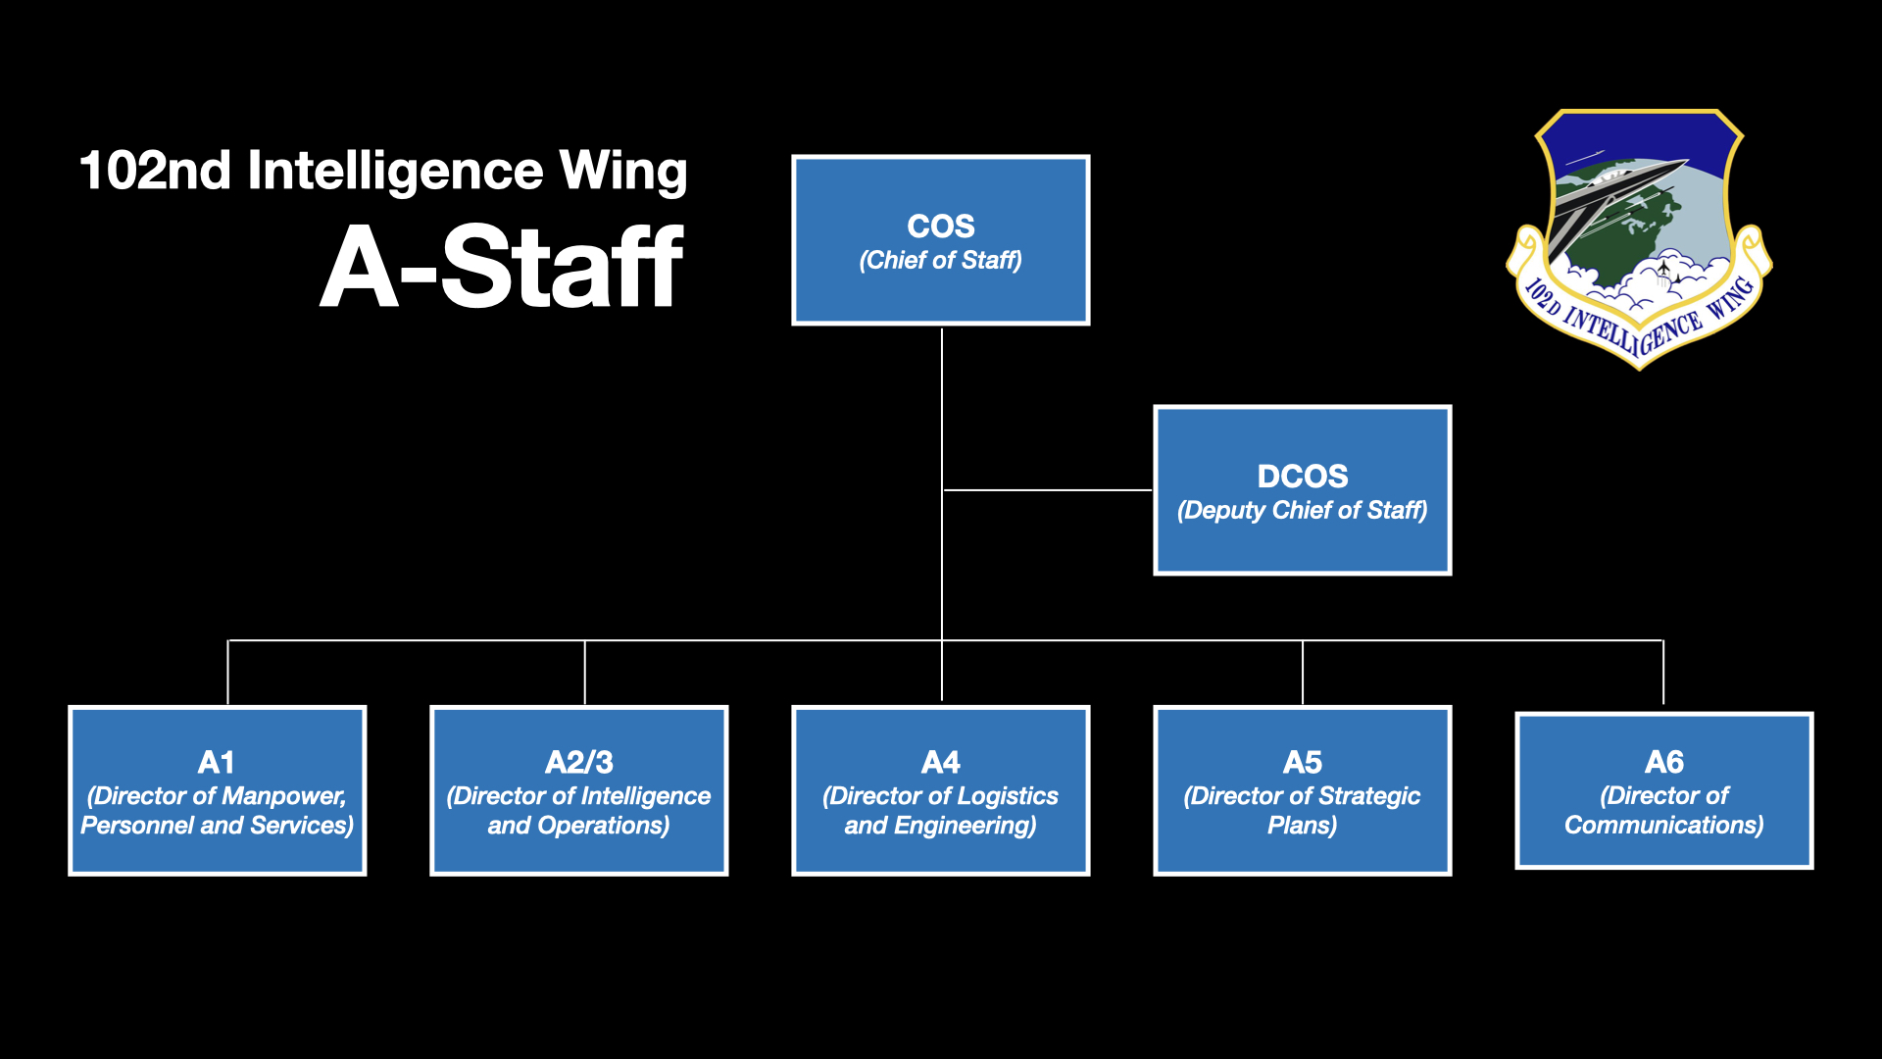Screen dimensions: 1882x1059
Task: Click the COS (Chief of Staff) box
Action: (941, 240)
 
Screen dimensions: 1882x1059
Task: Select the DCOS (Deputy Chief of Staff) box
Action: (1303, 490)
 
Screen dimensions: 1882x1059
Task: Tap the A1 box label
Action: (217, 762)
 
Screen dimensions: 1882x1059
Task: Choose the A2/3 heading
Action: (579, 762)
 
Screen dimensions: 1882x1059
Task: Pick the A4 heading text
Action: (941, 762)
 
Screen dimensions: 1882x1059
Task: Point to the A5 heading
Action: (1303, 762)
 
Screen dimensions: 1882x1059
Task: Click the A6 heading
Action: (1664, 762)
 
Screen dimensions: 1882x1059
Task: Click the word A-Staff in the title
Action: (502, 266)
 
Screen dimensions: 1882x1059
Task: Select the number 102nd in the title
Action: (155, 171)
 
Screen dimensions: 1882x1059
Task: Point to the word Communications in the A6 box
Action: (1664, 826)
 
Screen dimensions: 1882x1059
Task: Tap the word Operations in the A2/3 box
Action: (604, 826)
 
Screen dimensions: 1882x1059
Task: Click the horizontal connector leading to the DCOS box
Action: (1048, 489)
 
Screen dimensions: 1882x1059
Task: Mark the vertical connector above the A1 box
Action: (227, 673)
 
